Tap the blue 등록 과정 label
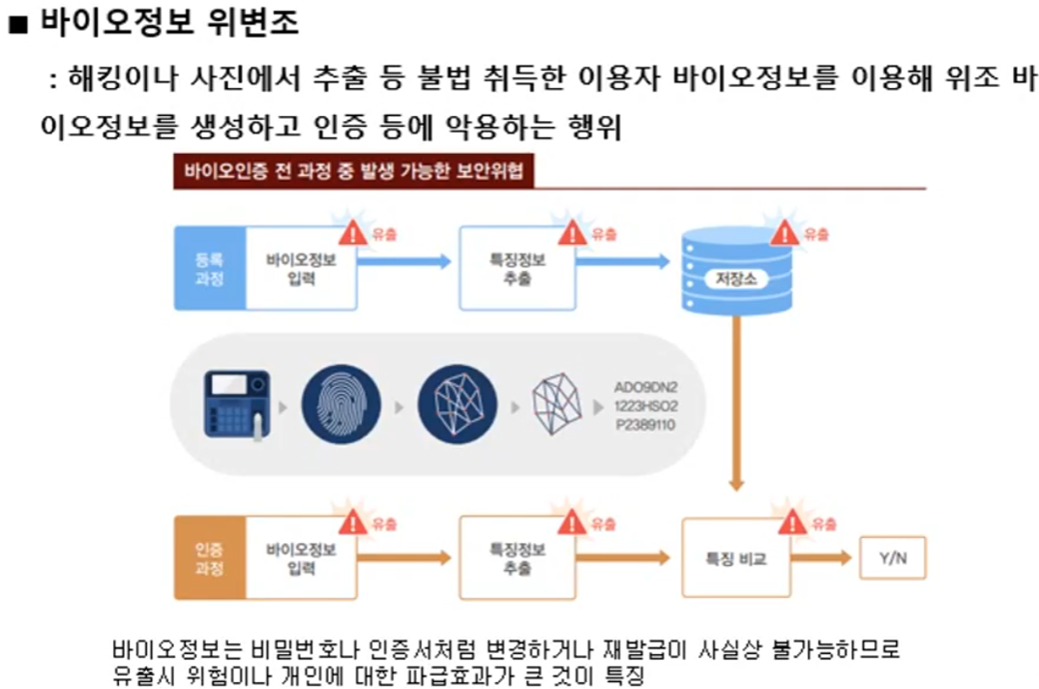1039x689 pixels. (209, 269)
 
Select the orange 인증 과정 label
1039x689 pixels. (209, 558)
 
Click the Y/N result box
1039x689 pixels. (892, 558)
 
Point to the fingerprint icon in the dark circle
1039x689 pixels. (340, 404)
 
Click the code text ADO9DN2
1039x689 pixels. (646, 387)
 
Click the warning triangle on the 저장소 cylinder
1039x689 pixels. (784, 233)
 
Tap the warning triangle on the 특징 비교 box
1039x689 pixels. (792, 524)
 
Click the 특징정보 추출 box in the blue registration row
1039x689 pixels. (517, 269)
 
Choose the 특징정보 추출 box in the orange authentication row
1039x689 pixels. (517, 558)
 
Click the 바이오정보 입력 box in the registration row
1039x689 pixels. (301, 269)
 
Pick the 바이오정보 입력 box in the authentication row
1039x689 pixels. (301, 558)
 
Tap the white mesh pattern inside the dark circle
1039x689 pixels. (457, 404)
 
